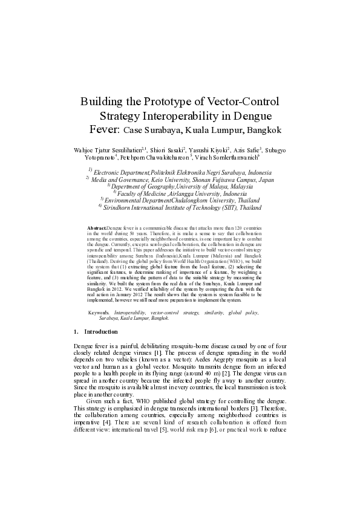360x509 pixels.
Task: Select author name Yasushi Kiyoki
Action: point(210,148)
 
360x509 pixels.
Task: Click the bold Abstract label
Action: point(97,225)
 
